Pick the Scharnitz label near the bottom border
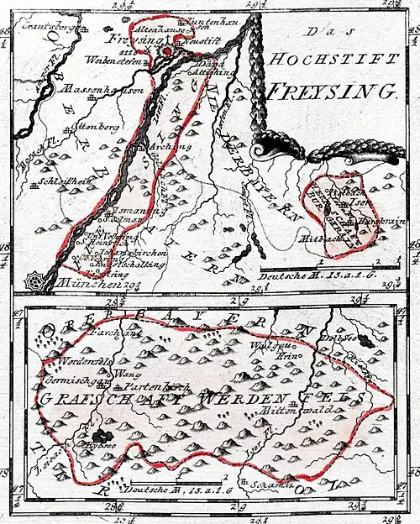(x=261, y=485)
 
